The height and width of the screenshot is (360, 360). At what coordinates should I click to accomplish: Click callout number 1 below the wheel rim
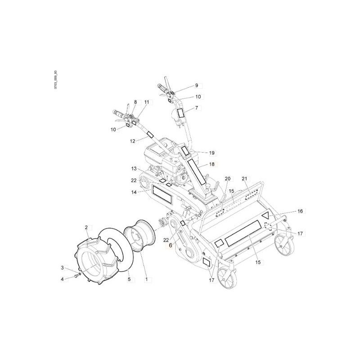(146, 279)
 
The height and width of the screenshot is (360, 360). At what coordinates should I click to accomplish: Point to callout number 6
(171, 245)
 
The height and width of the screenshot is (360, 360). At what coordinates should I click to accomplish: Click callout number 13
(134, 168)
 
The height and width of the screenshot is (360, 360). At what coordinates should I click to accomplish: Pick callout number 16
(300, 211)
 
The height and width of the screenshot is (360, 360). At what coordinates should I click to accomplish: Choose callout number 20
(227, 179)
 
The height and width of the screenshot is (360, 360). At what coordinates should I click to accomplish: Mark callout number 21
(245, 179)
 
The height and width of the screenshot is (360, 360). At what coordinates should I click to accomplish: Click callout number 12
(132, 141)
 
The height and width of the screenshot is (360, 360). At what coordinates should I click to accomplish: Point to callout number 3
(63, 268)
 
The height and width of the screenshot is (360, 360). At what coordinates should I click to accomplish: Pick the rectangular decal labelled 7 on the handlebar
(180, 112)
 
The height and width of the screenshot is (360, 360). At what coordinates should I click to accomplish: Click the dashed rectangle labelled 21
(251, 194)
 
